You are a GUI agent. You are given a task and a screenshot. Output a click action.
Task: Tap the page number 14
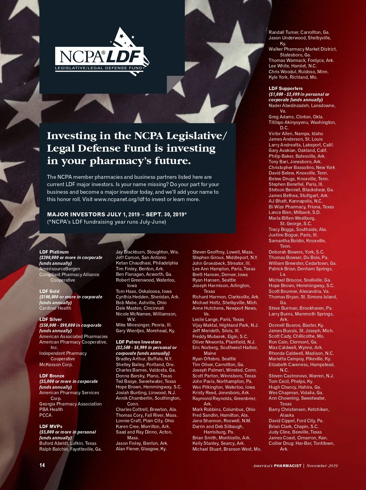42,465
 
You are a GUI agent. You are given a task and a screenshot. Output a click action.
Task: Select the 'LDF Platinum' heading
54,252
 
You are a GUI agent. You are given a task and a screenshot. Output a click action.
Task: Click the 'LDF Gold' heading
49,291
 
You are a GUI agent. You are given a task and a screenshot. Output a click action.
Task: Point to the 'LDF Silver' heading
51,319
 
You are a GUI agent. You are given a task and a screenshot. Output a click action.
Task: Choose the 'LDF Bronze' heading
52,376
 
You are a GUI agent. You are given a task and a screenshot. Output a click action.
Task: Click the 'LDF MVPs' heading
51,426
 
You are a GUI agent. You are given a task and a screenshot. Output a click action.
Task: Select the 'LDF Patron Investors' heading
138,342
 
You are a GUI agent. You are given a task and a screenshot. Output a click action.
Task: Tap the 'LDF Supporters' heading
286,88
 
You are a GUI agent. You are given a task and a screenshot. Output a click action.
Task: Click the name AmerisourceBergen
60,269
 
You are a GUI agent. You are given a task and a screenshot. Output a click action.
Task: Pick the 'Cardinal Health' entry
55,308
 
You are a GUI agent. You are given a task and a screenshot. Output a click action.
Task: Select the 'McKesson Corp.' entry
56,365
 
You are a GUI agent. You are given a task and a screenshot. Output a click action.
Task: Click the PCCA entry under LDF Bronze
45,415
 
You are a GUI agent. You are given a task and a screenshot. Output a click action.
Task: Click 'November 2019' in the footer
322,466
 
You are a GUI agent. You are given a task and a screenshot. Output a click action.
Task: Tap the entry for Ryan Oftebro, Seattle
214,359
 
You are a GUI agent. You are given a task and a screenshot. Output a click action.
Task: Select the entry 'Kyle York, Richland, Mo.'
293,77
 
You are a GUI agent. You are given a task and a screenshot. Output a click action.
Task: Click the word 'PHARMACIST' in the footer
288,466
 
